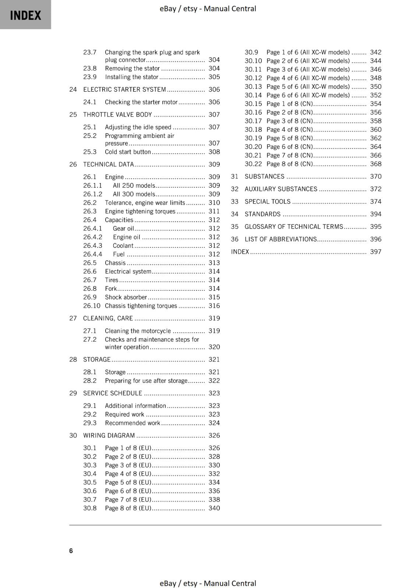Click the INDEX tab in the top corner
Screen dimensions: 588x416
[x=25, y=15]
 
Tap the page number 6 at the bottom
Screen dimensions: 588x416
[x=71, y=551]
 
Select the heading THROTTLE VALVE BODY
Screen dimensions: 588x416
[x=117, y=115]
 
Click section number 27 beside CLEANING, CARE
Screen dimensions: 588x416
[x=73, y=318]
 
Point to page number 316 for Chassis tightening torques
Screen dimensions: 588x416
[x=214, y=306]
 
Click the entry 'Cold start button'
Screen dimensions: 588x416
[x=128, y=152]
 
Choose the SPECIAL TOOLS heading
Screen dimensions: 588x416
[x=267, y=201]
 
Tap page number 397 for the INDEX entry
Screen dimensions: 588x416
[x=376, y=252]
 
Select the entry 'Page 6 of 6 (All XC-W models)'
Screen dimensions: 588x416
[x=308, y=95]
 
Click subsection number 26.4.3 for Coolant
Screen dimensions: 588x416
[x=92, y=245]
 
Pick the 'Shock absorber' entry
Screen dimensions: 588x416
[x=126, y=297]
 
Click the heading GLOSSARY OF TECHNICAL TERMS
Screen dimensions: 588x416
[x=293, y=227]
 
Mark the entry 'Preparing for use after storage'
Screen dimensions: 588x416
[x=146, y=381]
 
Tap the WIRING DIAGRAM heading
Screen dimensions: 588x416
[x=109, y=435]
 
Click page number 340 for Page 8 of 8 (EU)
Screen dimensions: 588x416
[x=214, y=508]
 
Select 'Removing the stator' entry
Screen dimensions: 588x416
[x=132, y=68]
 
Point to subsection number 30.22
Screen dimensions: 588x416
[x=253, y=164]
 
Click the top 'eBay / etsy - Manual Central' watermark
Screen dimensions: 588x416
[x=208, y=8]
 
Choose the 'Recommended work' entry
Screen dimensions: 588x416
[x=132, y=423]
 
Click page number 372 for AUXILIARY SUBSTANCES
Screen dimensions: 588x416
[x=376, y=189]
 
